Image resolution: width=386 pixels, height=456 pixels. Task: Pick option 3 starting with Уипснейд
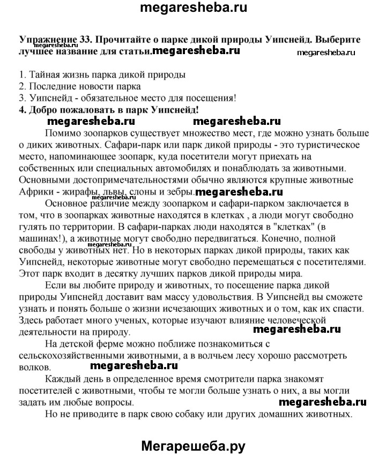coord(127,98)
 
